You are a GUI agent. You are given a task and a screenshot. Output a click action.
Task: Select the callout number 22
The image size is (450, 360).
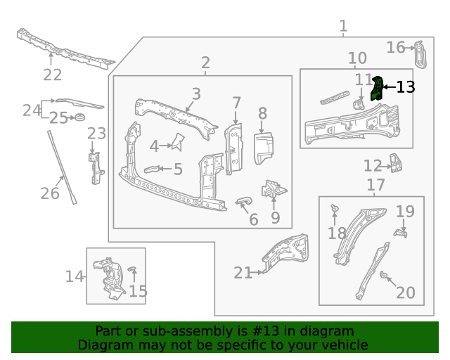53,75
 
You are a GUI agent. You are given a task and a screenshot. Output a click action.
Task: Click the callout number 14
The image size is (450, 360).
75,276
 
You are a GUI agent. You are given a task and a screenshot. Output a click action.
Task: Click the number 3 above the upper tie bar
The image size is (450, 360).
196,94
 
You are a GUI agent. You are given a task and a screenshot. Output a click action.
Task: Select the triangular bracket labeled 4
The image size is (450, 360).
176,142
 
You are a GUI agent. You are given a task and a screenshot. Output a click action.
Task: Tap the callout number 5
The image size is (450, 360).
178,169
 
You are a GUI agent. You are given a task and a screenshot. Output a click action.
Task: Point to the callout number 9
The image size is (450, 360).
275,218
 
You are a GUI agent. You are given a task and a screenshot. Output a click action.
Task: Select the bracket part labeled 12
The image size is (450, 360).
398,165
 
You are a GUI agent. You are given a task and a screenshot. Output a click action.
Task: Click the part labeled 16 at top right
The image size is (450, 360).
420,55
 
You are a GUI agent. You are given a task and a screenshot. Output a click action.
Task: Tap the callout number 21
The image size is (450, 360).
243,273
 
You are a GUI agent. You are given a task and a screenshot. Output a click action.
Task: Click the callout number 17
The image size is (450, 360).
376,185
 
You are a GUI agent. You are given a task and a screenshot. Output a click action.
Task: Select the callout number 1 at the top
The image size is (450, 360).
343,27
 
